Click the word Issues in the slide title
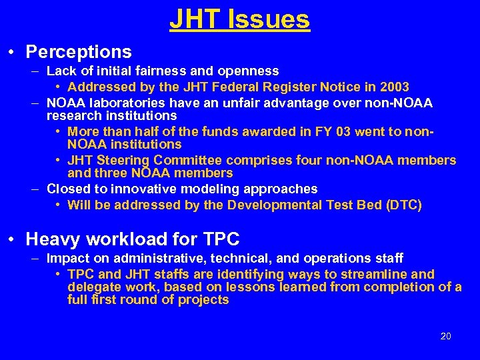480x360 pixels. pos(269,19)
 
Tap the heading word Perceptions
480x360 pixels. pos(79,51)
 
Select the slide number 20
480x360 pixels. pos(446,336)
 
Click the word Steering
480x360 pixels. pos(125,161)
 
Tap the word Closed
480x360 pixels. pos(67,190)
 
